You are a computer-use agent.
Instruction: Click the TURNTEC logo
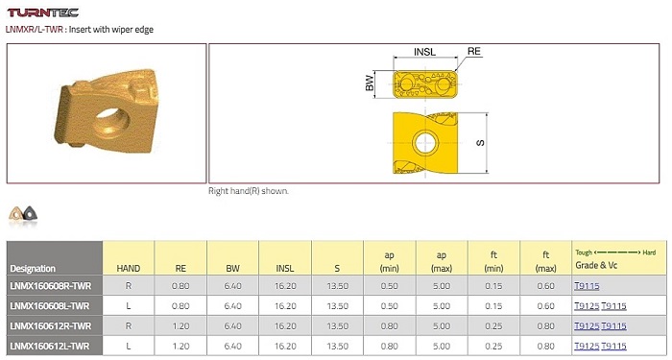[x=43, y=12]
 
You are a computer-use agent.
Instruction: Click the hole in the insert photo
[x=111, y=123]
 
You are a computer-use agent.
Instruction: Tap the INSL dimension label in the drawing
[x=424, y=52]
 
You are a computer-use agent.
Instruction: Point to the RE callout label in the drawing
[x=474, y=52]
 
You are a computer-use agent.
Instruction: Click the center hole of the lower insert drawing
[x=425, y=143]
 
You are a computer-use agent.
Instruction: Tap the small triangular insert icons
[x=23, y=213]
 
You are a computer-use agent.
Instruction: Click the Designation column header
[x=33, y=269]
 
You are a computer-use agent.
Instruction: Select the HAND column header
[x=128, y=268]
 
